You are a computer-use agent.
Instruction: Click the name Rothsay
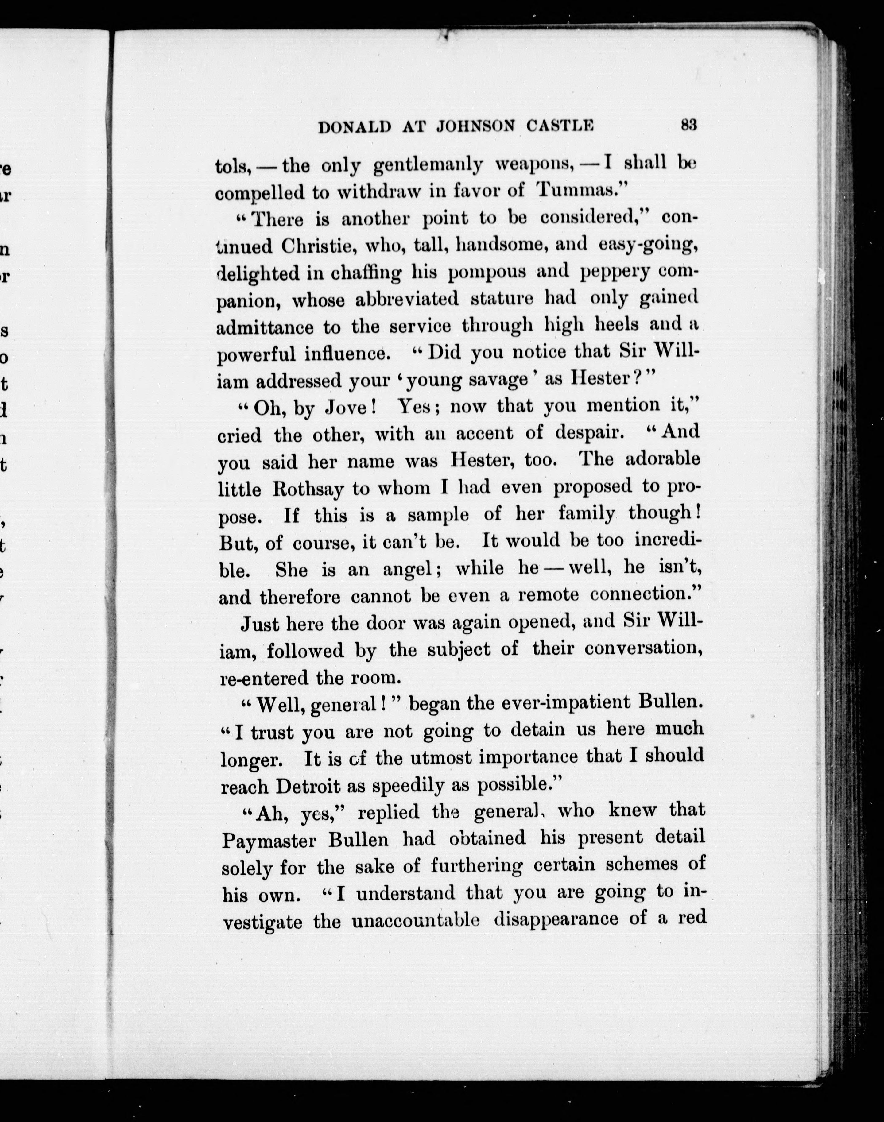point(308,489)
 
